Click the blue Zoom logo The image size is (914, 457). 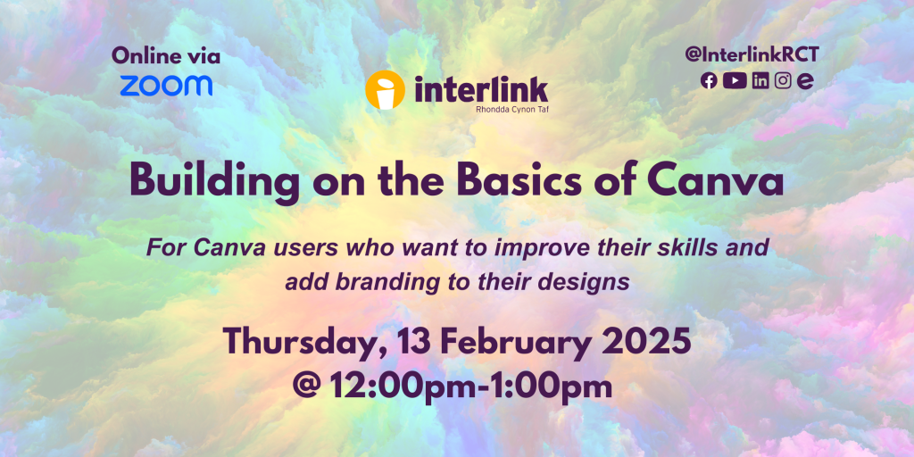click(167, 85)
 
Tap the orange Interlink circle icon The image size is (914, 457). click(385, 90)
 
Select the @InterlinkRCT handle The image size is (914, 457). click(752, 54)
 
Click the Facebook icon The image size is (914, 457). click(709, 81)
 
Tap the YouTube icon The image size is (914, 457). click(735, 81)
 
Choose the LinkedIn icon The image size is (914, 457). click(760, 81)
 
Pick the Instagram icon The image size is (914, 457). click(783, 81)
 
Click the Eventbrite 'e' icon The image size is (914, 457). click(806, 81)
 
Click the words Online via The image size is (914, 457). click(166, 56)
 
